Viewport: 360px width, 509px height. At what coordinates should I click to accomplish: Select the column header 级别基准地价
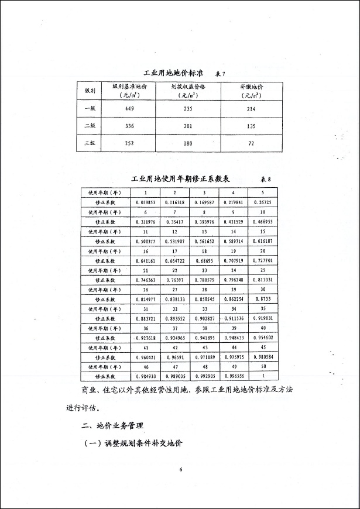[129, 86]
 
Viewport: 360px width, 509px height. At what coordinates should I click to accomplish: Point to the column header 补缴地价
[252, 86]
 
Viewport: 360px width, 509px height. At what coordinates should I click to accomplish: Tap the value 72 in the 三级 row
[252, 143]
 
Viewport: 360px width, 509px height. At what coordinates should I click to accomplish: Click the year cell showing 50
[263, 366]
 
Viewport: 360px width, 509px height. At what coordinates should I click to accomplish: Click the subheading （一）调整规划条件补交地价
[133, 443]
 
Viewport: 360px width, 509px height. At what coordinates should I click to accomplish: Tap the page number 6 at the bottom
[181, 469]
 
